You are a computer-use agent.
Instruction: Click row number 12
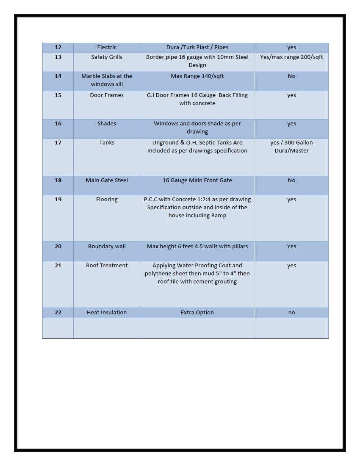pyautogui.click(x=58, y=47)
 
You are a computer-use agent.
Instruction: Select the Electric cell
pyautogui.click(x=107, y=47)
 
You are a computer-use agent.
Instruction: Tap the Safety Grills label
pyautogui.click(x=107, y=57)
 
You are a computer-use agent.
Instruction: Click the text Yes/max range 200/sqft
pyautogui.click(x=291, y=57)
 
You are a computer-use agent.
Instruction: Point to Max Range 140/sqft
pyautogui.click(x=197, y=76)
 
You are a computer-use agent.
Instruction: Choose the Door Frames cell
pyautogui.click(x=107, y=95)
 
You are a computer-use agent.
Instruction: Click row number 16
pyautogui.click(x=58, y=124)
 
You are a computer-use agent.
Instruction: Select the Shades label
pyautogui.click(x=107, y=124)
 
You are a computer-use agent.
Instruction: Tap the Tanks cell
pyautogui.click(x=107, y=143)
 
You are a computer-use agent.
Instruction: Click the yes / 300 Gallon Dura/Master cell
pyautogui.click(x=291, y=147)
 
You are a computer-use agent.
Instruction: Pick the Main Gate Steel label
pyautogui.click(x=107, y=180)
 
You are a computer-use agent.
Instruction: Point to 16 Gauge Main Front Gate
pyautogui.click(x=197, y=180)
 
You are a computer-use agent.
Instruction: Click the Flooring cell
pyautogui.click(x=107, y=200)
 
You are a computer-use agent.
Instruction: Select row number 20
pyautogui.click(x=58, y=247)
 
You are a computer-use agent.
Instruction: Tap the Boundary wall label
pyautogui.click(x=107, y=247)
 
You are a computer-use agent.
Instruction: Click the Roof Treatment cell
pyautogui.click(x=107, y=266)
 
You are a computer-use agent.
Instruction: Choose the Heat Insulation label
pyautogui.click(x=107, y=313)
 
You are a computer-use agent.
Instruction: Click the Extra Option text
pyautogui.click(x=197, y=313)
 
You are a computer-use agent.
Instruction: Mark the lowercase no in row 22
pyautogui.click(x=291, y=313)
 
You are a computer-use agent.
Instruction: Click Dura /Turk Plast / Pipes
pyautogui.click(x=197, y=47)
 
